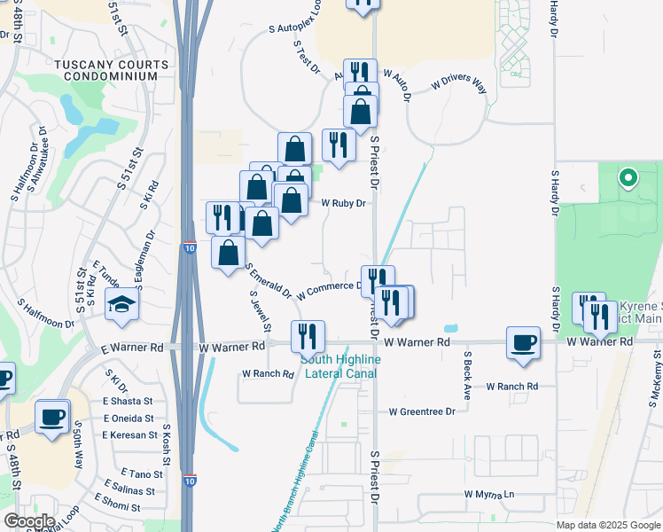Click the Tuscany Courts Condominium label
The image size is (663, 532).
click(111, 71)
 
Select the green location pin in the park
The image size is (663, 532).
click(628, 178)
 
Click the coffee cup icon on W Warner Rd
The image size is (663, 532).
click(523, 344)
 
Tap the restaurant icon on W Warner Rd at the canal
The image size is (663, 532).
click(308, 337)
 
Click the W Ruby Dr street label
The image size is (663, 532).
click(343, 203)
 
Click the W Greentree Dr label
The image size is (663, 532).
click(422, 411)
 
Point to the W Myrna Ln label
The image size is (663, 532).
click(488, 494)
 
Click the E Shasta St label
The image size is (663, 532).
click(128, 402)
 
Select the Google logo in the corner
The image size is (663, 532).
click(28, 521)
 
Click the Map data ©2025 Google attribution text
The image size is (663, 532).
click(607, 525)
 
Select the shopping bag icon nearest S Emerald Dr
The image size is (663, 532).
click(229, 253)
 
